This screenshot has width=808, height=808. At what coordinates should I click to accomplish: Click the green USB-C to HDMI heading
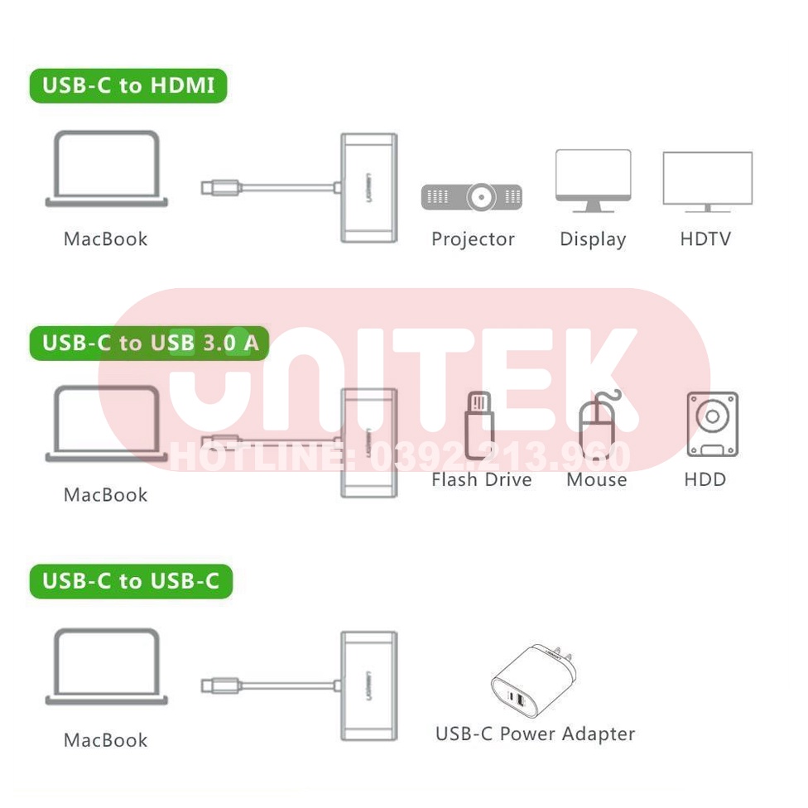pos(127,86)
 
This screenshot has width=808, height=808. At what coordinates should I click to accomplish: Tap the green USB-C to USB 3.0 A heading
pos(149,343)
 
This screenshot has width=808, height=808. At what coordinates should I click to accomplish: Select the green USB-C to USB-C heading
pos(131,581)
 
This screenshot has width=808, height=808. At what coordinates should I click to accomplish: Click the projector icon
pos(472,197)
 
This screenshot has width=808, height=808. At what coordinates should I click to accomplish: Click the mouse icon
pos(597,426)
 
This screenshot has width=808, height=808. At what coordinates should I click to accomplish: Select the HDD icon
pos(711,425)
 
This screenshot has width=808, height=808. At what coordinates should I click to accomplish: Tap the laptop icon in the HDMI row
pos(107,169)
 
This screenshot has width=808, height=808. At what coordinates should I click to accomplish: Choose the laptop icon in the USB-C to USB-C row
pos(107,666)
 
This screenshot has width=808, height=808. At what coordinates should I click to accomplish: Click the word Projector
pos(473,239)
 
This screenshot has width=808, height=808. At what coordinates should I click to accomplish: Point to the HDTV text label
pos(705,239)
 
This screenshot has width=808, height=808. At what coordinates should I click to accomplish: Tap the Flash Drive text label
pos(481,479)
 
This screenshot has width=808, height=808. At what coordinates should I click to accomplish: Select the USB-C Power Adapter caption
pos(535,733)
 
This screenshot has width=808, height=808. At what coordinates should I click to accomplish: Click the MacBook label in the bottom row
pos(105,740)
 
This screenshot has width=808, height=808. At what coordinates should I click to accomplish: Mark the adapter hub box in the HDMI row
pos(368,188)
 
